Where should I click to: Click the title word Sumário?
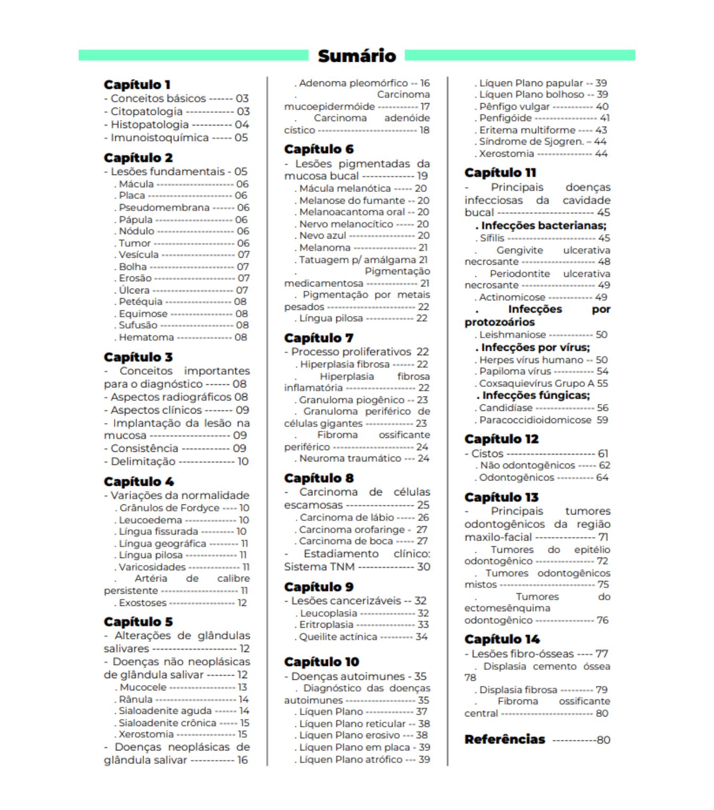point(356,56)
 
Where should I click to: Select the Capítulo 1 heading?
point(137,85)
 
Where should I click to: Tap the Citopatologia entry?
point(147,112)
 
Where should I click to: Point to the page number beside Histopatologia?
point(242,124)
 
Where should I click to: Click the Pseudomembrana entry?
point(164,208)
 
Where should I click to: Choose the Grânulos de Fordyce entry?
point(169,508)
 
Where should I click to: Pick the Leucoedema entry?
point(150,520)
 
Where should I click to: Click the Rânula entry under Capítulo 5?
point(136,699)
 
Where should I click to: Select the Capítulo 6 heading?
point(319,149)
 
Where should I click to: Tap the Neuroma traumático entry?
point(351,458)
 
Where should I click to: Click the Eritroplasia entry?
point(326,625)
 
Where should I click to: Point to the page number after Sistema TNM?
point(423,567)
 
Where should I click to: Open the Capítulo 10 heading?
point(321,662)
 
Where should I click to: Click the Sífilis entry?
point(492,238)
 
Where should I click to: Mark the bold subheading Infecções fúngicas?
point(535,395)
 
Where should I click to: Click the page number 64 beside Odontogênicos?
point(602,477)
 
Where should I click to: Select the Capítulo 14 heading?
point(502,639)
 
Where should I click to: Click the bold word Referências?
point(505,739)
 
